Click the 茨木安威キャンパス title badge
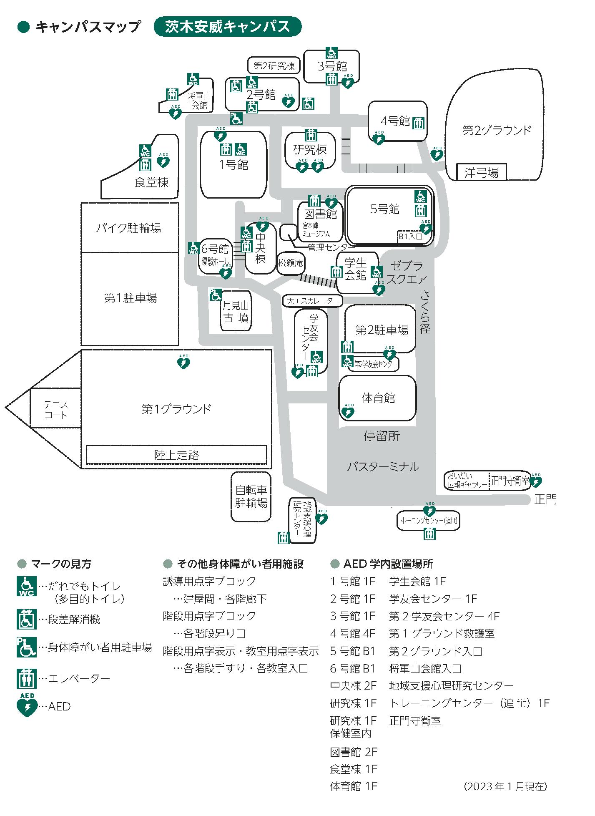click(x=227, y=26)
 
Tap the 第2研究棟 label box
click(x=274, y=65)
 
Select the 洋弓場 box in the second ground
click(x=481, y=172)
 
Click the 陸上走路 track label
click(x=176, y=455)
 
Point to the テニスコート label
click(x=55, y=409)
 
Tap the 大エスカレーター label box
click(x=312, y=300)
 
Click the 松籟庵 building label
click(x=291, y=263)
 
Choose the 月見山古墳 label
click(x=236, y=312)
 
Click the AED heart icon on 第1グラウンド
click(x=184, y=363)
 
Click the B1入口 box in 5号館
click(x=410, y=236)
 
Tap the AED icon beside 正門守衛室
click(x=536, y=481)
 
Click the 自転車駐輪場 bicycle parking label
click(x=251, y=496)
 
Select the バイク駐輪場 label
click(x=129, y=228)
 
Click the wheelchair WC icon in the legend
click(x=27, y=586)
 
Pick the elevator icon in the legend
click(x=27, y=678)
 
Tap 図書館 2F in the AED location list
click(x=354, y=752)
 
